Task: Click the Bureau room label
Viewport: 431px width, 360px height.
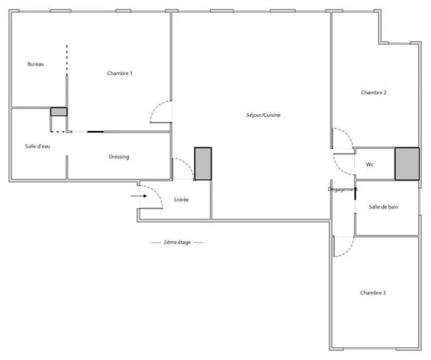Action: pyautogui.click(x=36, y=64)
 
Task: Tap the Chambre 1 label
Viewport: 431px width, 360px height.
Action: pyautogui.click(x=120, y=73)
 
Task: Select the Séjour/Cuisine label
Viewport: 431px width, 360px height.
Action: pyautogui.click(x=264, y=115)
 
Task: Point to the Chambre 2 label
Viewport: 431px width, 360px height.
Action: pyautogui.click(x=373, y=93)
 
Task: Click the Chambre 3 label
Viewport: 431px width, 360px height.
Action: pyautogui.click(x=373, y=292)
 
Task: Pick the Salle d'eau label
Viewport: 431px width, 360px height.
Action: pyautogui.click(x=37, y=146)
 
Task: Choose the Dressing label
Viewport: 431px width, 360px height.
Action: pyautogui.click(x=119, y=157)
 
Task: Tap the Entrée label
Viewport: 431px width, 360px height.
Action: pyautogui.click(x=181, y=200)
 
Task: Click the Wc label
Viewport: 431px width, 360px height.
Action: pyautogui.click(x=370, y=165)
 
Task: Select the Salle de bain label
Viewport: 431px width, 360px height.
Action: pyautogui.click(x=383, y=207)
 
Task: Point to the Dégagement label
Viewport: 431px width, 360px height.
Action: pyautogui.click(x=343, y=189)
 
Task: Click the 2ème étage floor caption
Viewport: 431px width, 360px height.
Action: pyautogui.click(x=177, y=242)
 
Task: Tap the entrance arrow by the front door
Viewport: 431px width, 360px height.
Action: pyautogui.click(x=139, y=196)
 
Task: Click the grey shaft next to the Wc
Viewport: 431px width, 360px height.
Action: pyautogui.click(x=407, y=164)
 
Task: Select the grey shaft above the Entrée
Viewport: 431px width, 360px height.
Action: pyautogui.click(x=203, y=164)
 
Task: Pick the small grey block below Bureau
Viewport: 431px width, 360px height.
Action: pyautogui.click(x=58, y=112)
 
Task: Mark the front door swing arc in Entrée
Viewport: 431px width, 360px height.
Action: pyautogui.click(x=157, y=192)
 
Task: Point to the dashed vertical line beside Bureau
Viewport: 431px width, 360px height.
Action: pyautogui.click(x=67, y=60)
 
